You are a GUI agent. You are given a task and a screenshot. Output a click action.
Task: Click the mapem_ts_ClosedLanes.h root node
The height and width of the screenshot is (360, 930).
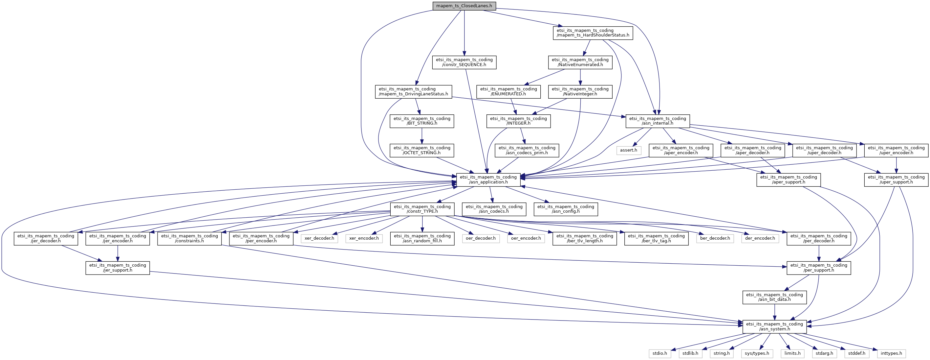[x=464, y=6]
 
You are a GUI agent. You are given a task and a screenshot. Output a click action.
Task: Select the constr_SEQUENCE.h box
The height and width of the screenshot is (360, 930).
[x=464, y=62]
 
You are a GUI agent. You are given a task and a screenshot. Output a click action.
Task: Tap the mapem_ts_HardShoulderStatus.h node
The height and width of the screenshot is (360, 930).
[x=593, y=33]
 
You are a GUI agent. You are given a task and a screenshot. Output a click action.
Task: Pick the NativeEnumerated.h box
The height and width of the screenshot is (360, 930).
[x=580, y=62]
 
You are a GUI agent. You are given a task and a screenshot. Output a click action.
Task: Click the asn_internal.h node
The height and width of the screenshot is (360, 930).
[x=658, y=121]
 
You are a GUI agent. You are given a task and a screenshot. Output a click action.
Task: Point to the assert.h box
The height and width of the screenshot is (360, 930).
[x=629, y=150]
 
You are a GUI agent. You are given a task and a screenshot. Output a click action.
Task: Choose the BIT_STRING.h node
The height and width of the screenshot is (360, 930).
[x=422, y=121]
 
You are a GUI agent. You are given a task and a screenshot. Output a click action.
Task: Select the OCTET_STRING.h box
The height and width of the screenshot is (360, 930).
[x=422, y=150]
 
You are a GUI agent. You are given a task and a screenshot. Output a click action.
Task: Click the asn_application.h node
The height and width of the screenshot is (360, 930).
[x=488, y=180]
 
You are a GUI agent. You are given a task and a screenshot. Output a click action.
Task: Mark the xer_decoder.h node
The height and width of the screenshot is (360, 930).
[x=319, y=239]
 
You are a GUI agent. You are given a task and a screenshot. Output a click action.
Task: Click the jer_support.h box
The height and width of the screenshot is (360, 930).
[x=118, y=268]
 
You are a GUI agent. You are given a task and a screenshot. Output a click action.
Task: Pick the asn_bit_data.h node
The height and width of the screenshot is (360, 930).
[x=774, y=297]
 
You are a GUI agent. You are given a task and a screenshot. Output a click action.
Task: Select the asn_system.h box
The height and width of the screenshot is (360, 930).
[x=774, y=327]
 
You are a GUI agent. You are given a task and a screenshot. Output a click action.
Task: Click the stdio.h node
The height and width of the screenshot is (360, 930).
[x=660, y=353]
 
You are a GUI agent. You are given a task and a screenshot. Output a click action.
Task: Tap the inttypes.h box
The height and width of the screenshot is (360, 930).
[x=891, y=353]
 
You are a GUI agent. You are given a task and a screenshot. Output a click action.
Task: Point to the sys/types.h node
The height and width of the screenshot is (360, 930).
[x=757, y=353]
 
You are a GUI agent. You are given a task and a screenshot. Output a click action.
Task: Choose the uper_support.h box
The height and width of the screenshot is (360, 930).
[x=896, y=180]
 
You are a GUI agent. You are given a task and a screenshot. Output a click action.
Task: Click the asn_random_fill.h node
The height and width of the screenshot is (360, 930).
[x=422, y=239]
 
